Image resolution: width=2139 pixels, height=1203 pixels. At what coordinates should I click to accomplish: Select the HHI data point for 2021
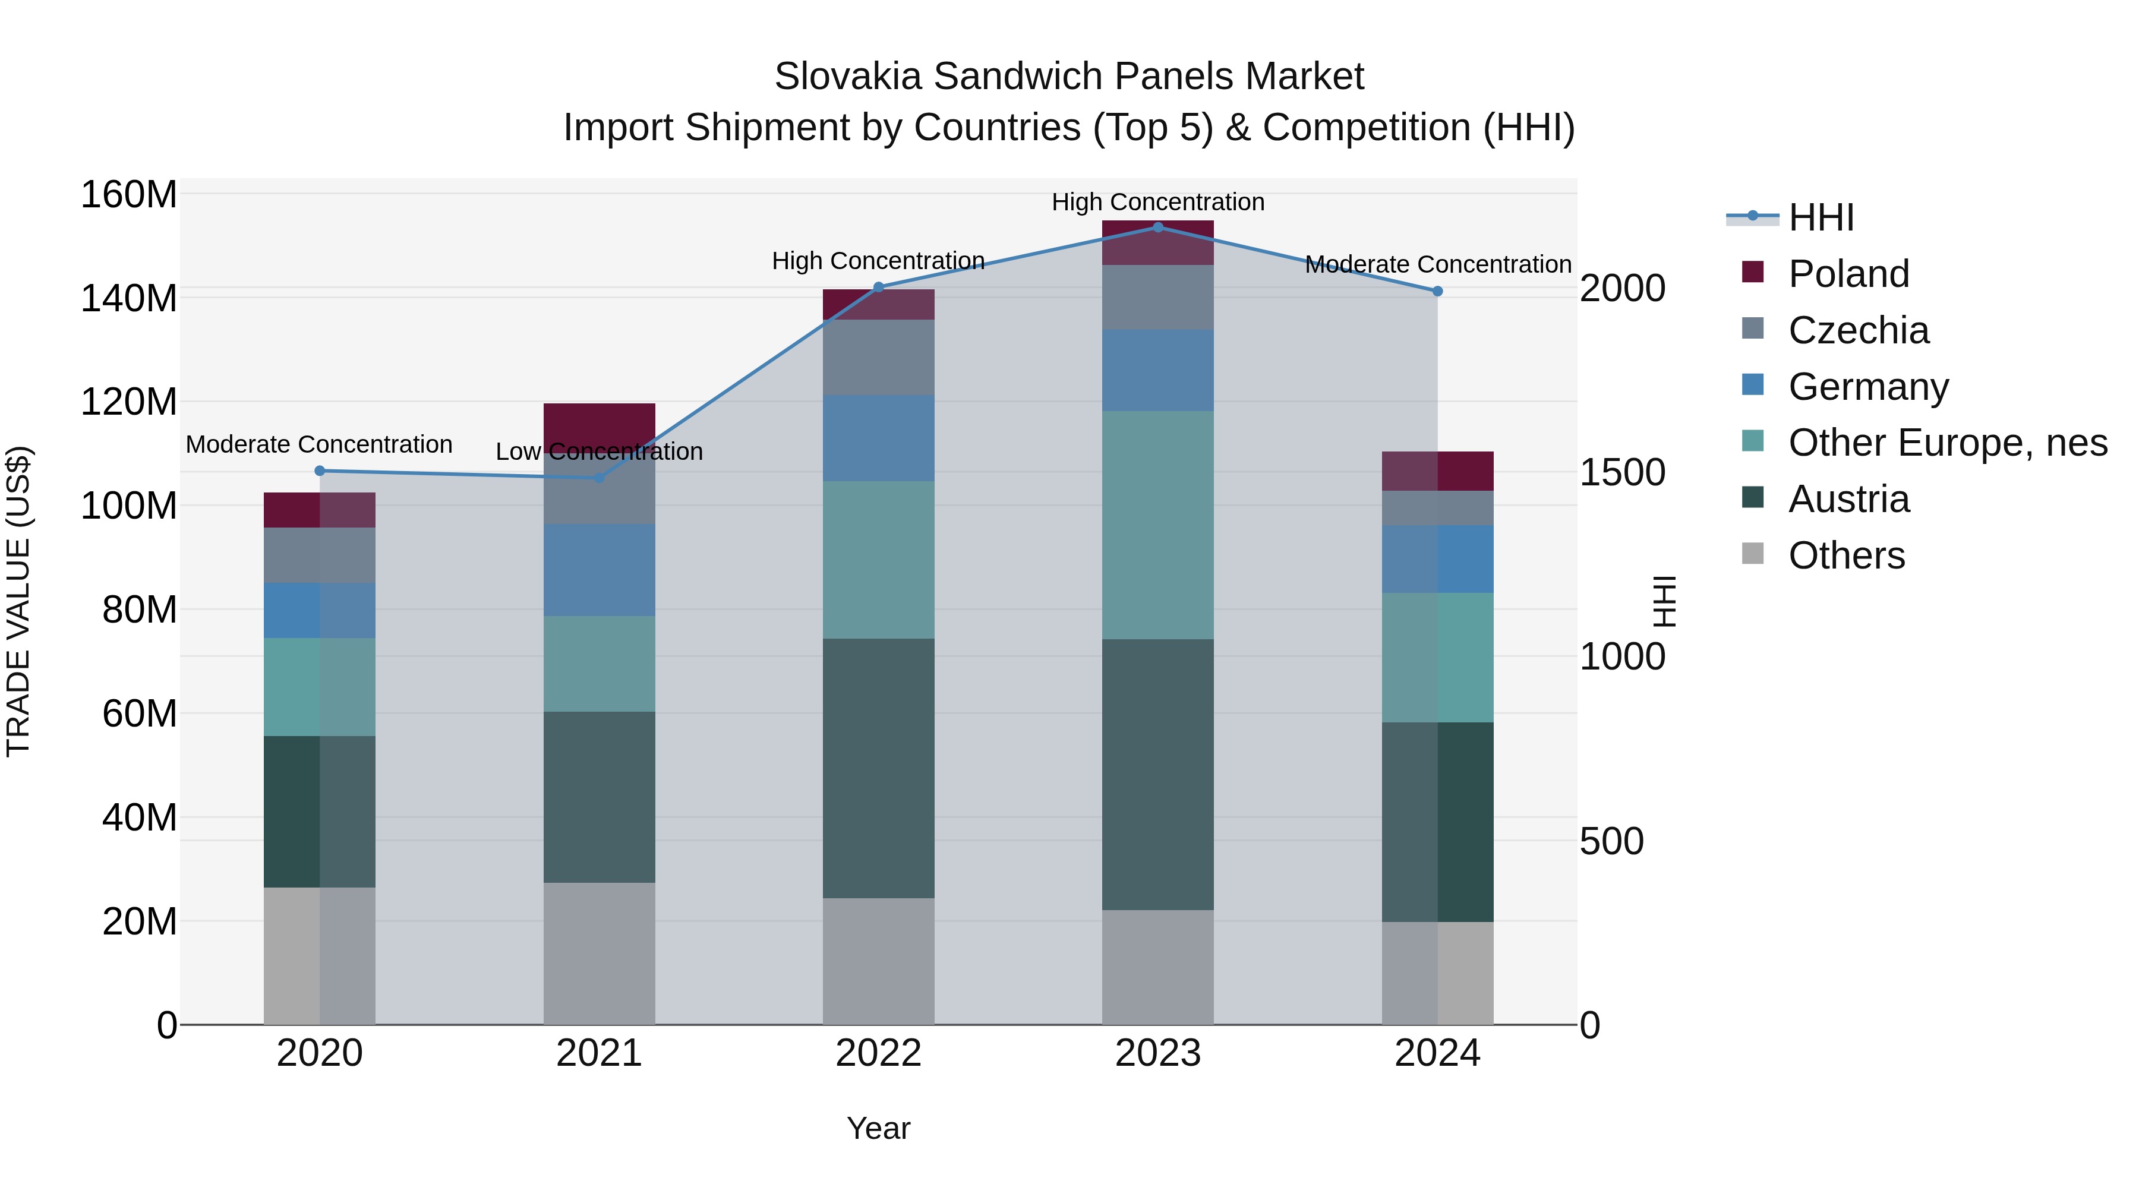pyautogui.click(x=599, y=478)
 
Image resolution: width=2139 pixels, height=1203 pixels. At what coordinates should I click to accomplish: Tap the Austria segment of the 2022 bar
pyautogui.click(x=879, y=768)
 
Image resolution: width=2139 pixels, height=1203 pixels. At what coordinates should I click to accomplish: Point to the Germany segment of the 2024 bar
pyautogui.click(x=1437, y=559)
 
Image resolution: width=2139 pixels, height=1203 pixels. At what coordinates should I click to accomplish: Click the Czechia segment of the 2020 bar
pyautogui.click(x=320, y=555)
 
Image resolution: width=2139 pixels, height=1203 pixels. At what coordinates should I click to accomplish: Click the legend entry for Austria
pyautogui.click(x=1848, y=499)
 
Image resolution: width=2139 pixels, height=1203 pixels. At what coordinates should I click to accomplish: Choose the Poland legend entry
pyautogui.click(x=1848, y=274)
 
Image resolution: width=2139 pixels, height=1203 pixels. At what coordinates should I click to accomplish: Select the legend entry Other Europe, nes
pyautogui.click(x=1947, y=443)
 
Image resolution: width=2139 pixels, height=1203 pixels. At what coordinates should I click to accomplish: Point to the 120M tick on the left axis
pyautogui.click(x=129, y=402)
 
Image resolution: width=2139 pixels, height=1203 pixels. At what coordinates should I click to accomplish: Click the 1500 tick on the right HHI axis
pyautogui.click(x=1621, y=472)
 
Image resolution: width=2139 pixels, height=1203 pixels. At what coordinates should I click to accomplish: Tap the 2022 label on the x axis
pyautogui.click(x=879, y=1053)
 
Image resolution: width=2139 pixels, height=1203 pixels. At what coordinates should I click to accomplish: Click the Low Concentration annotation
pyautogui.click(x=599, y=451)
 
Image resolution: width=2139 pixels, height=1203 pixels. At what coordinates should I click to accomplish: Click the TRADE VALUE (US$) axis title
pyautogui.click(x=18, y=601)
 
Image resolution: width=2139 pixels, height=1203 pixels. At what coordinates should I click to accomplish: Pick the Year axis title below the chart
pyautogui.click(x=879, y=1128)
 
